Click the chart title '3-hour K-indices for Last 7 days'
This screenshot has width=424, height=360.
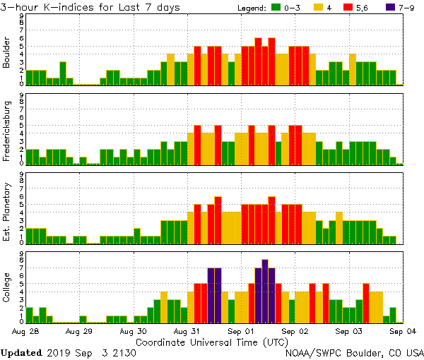pyautogui.click(x=90, y=6)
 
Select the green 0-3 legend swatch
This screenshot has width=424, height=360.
pyautogui.click(x=276, y=7)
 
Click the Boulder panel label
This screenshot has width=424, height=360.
pyautogui.click(x=6, y=53)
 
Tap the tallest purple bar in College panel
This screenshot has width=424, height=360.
pyautogui.click(x=265, y=290)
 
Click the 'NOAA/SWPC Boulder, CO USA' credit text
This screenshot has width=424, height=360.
pyautogui.click(x=355, y=352)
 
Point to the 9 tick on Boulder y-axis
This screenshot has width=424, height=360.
pyautogui.click(x=22, y=15)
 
